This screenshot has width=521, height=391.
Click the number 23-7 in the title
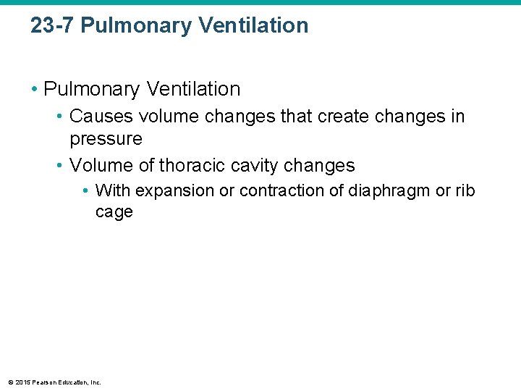pos(52,25)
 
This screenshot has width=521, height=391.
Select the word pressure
pos(106,138)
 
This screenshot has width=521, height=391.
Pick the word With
pos(112,191)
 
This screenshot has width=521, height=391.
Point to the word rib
pos(465,191)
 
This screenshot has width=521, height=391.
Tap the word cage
pos(114,212)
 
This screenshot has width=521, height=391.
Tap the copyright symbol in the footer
pos(9,382)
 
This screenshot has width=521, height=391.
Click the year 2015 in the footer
pos(22,382)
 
